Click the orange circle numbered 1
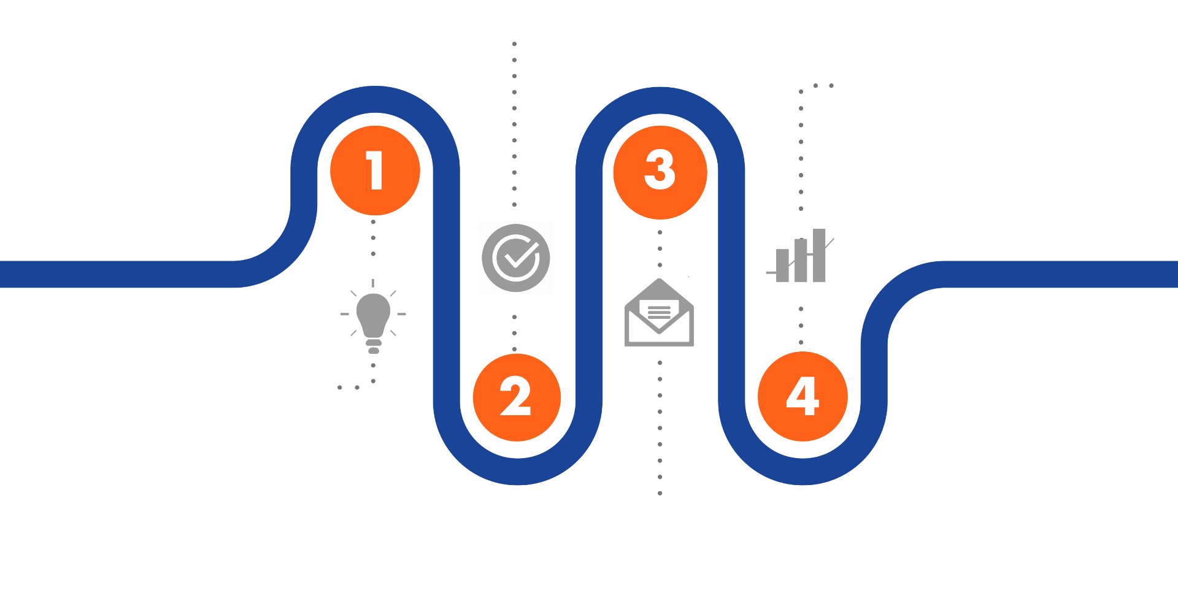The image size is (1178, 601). (375, 170)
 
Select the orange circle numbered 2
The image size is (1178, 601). (517, 397)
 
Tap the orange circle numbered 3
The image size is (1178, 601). (660, 172)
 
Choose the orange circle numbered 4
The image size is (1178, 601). (803, 396)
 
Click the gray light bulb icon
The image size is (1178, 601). (373, 316)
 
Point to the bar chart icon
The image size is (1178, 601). (801, 259)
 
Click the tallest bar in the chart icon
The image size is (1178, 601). (819, 255)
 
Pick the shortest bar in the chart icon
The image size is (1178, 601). (782, 265)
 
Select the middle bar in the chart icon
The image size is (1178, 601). (801, 260)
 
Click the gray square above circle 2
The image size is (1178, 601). (515, 258)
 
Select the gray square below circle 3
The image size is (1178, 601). (660, 313)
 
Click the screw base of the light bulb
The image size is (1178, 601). (373, 346)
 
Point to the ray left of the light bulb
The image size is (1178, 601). (345, 314)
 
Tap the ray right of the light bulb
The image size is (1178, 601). (401, 314)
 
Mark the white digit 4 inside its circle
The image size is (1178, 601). (803, 396)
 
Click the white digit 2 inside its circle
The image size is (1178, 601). (515, 396)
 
